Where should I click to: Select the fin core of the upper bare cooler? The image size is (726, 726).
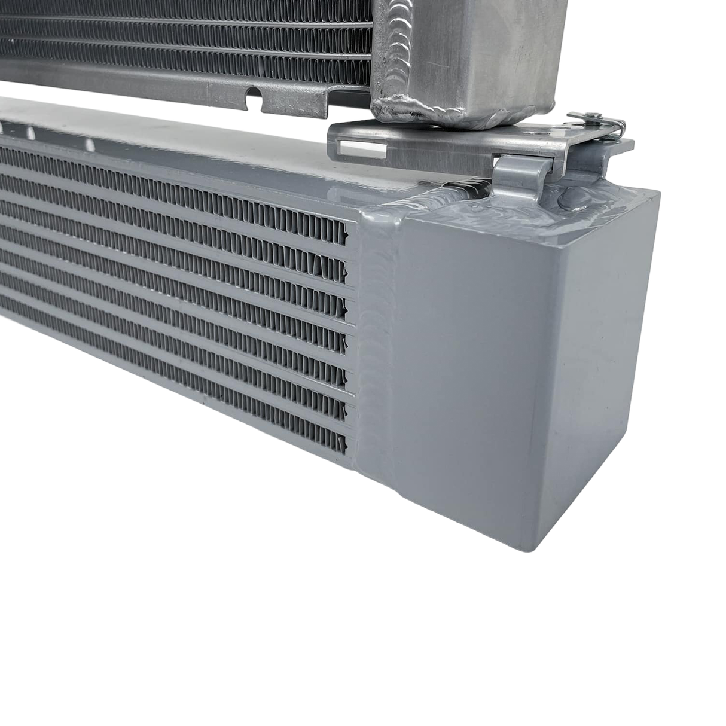[x=179, y=36]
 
